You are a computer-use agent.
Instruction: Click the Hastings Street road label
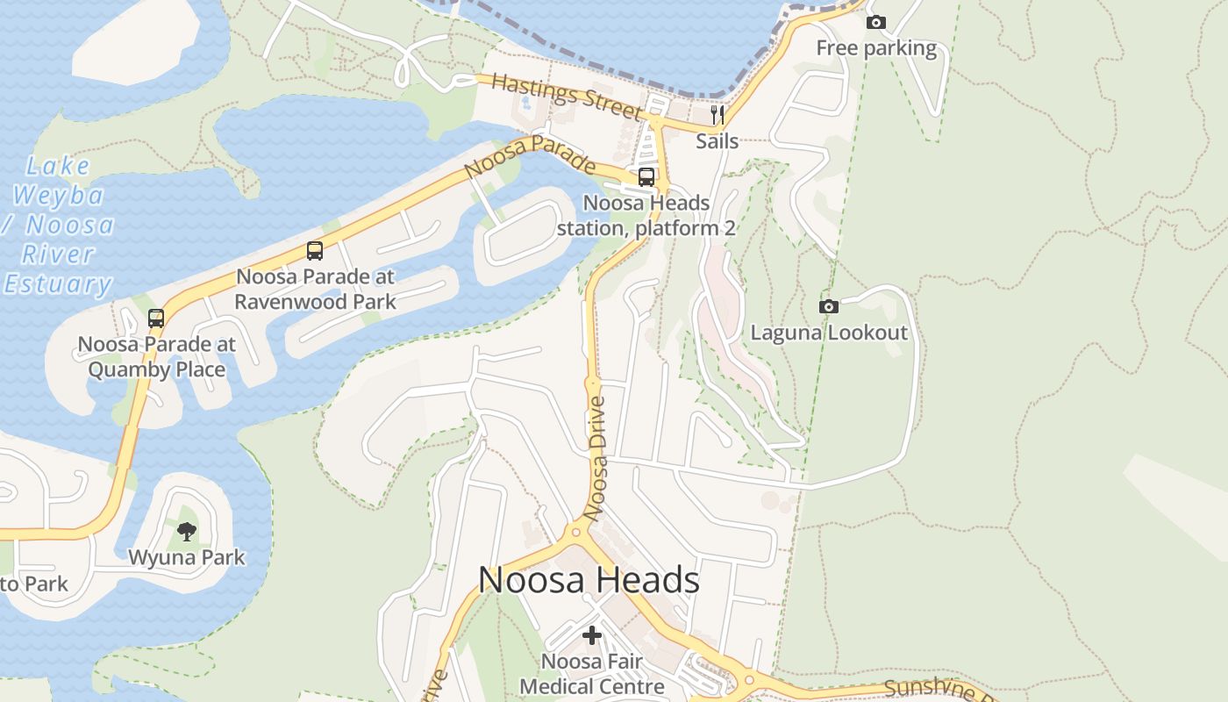click(x=567, y=97)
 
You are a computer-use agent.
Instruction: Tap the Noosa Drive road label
click(x=597, y=459)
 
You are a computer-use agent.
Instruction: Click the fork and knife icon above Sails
click(x=718, y=115)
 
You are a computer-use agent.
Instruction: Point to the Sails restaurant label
click(x=718, y=140)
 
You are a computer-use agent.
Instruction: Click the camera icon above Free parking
click(x=875, y=23)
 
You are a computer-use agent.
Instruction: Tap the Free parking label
click(x=876, y=48)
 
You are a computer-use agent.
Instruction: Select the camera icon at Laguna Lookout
click(x=828, y=306)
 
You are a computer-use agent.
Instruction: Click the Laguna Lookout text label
click(x=829, y=333)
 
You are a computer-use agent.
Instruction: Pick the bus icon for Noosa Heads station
click(x=646, y=176)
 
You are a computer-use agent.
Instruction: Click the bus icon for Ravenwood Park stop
click(x=315, y=251)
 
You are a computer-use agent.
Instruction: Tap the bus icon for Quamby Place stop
click(x=156, y=319)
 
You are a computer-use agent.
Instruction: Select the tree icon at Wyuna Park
click(x=186, y=530)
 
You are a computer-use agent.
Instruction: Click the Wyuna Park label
click(x=187, y=557)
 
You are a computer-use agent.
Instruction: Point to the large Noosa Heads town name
click(x=589, y=580)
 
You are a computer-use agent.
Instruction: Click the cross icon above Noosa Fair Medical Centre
click(x=592, y=634)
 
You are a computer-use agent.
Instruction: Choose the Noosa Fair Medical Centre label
click(x=592, y=673)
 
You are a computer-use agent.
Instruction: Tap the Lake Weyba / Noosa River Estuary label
click(x=58, y=225)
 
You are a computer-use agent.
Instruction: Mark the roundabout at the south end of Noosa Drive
click(x=576, y=531)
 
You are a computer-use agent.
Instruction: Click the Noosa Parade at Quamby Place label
click(x=156, y=356)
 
